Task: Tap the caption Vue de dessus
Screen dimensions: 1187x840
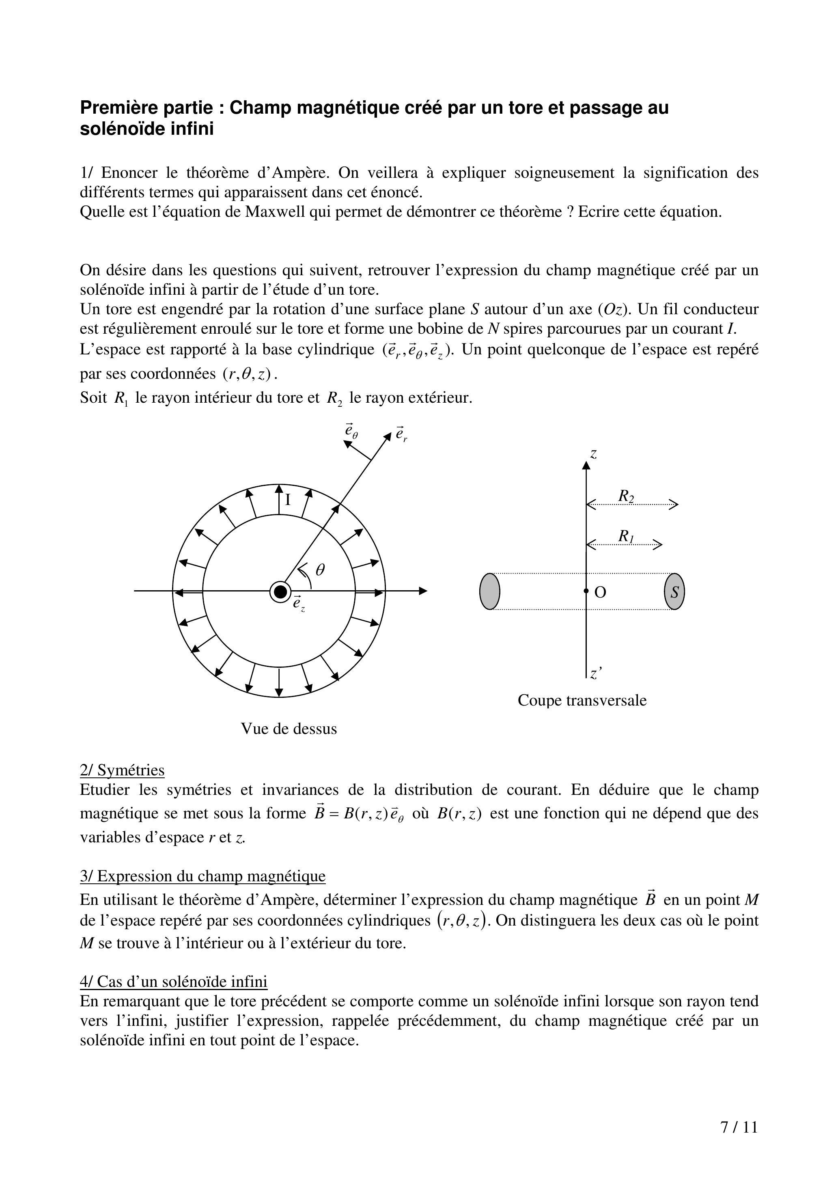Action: coord(289,729)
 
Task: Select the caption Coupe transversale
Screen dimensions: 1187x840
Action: coord(582,700)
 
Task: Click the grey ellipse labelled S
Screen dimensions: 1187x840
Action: coord(674,591)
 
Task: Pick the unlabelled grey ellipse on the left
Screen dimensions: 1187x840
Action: coord(490,591)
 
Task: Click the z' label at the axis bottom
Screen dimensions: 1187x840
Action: coord(596,673)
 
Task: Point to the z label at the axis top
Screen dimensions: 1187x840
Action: coord(594,454)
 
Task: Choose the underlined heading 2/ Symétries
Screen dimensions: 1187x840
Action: coord(122,770)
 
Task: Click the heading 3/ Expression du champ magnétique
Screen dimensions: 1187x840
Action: coord(203,876)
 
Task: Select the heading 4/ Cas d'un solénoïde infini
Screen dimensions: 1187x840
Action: coord(173,982)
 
